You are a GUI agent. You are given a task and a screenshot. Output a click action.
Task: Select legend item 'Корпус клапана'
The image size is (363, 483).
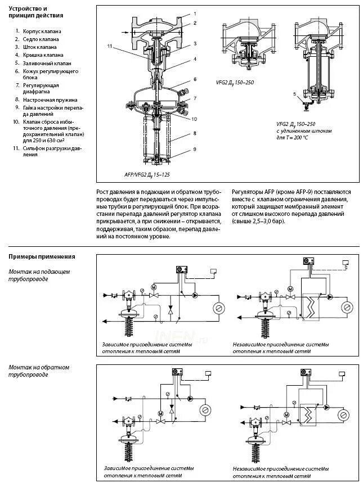(42, 31)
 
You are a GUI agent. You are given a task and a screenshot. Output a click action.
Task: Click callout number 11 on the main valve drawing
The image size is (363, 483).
(110, 45)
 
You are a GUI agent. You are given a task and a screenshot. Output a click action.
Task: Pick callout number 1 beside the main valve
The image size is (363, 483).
(195, 13)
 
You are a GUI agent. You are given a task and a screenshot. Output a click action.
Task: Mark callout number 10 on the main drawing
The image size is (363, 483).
(194, 119)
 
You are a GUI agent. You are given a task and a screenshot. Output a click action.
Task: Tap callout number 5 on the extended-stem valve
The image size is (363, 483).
(294, 94)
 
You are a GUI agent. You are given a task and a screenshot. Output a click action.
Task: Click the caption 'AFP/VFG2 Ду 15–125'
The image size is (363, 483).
(147, 175)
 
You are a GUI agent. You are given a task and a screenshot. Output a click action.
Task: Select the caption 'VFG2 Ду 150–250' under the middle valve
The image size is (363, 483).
(235, 82)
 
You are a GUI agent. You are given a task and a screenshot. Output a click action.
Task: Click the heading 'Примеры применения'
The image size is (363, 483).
(42, 256)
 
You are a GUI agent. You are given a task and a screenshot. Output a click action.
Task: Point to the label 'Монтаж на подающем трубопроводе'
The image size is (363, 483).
(39, 276)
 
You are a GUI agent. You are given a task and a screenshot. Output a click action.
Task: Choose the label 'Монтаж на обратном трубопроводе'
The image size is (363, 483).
(39, 371)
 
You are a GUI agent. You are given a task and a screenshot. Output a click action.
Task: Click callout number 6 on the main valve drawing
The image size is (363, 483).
(195, 79)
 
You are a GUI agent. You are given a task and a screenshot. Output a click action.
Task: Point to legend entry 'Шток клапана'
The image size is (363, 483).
(40, 47)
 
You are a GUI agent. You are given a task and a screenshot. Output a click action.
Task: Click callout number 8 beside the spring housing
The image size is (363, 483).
(195, 133)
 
